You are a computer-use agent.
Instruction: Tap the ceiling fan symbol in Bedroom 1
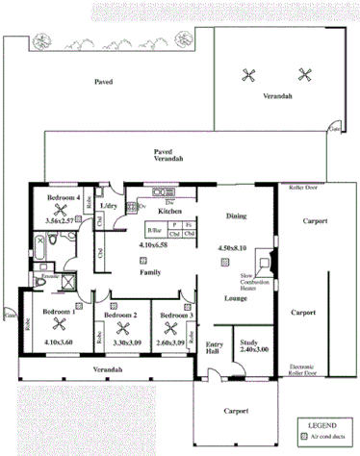pyautogui.click(x=58, y=326)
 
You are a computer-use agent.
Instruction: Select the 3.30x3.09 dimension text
pyautogui.click(x=126, y=342)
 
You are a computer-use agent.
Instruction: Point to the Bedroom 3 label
pyautogui.click(x=177, y=316)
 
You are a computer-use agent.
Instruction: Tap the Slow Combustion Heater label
pyautogui.click(x=253, y=280)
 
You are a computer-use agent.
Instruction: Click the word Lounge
pyautogui.click(x=237, y=298)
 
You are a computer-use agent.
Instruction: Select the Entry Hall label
pyautogui.click(x=214, y=350)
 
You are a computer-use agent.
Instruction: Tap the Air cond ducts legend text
pyautogui.click(x=329, y=437)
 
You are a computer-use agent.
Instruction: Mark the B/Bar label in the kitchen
pyautogui.click(x=154, y=232)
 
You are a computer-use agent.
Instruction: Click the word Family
pyautogui.click(x=149, y=273)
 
